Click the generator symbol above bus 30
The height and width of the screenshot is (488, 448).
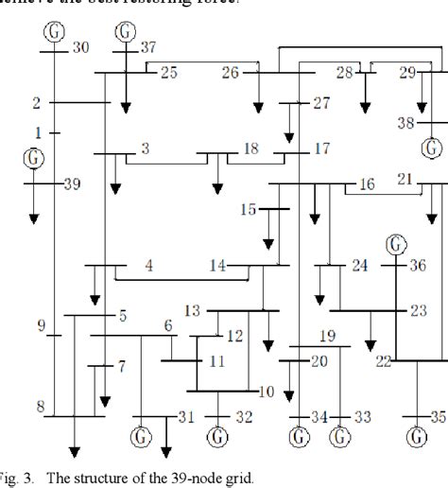(56, 28)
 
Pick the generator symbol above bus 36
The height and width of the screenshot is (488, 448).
(394, 245)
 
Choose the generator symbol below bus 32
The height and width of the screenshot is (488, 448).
(218, 437)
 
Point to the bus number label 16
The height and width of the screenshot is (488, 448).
(366, 183)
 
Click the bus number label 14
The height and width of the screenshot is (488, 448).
(217, 267)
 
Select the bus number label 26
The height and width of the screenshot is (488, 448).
(231, 73)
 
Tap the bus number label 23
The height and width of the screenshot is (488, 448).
(418, 310)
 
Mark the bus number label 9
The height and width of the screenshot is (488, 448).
(42, 327)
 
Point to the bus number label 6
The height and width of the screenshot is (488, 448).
(168, 325)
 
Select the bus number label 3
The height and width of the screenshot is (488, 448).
(145, 148)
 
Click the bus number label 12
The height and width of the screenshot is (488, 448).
(234, 335)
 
